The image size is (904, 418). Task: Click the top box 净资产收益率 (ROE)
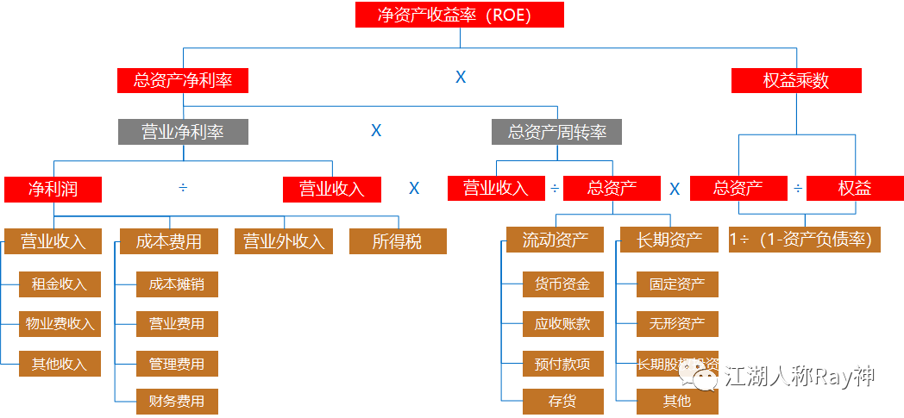click(x=460, y=15)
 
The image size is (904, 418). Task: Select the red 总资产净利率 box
click(x=183, y=81)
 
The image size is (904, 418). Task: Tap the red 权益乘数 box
click(x=796, y=81)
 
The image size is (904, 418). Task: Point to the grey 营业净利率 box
click(x=183, y=132)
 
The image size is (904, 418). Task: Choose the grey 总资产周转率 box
click(x=556, y=132)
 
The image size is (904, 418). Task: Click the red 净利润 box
click(x=53, y=189)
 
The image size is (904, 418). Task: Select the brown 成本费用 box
click(x=168, y=241)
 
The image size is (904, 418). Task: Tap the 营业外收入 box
click(x=283, y=241)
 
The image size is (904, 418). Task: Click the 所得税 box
click(x=398, y=241)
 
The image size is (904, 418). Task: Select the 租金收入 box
click(x=60, y=284)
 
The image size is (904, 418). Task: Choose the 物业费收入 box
click(x=60, y=324)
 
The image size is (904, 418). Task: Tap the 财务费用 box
click(x=177, y=402)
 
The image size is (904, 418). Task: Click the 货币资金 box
click(x=562, y=284)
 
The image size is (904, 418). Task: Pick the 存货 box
click(x=562, y=402)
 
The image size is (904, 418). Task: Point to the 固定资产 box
click(x=677, y=284)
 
